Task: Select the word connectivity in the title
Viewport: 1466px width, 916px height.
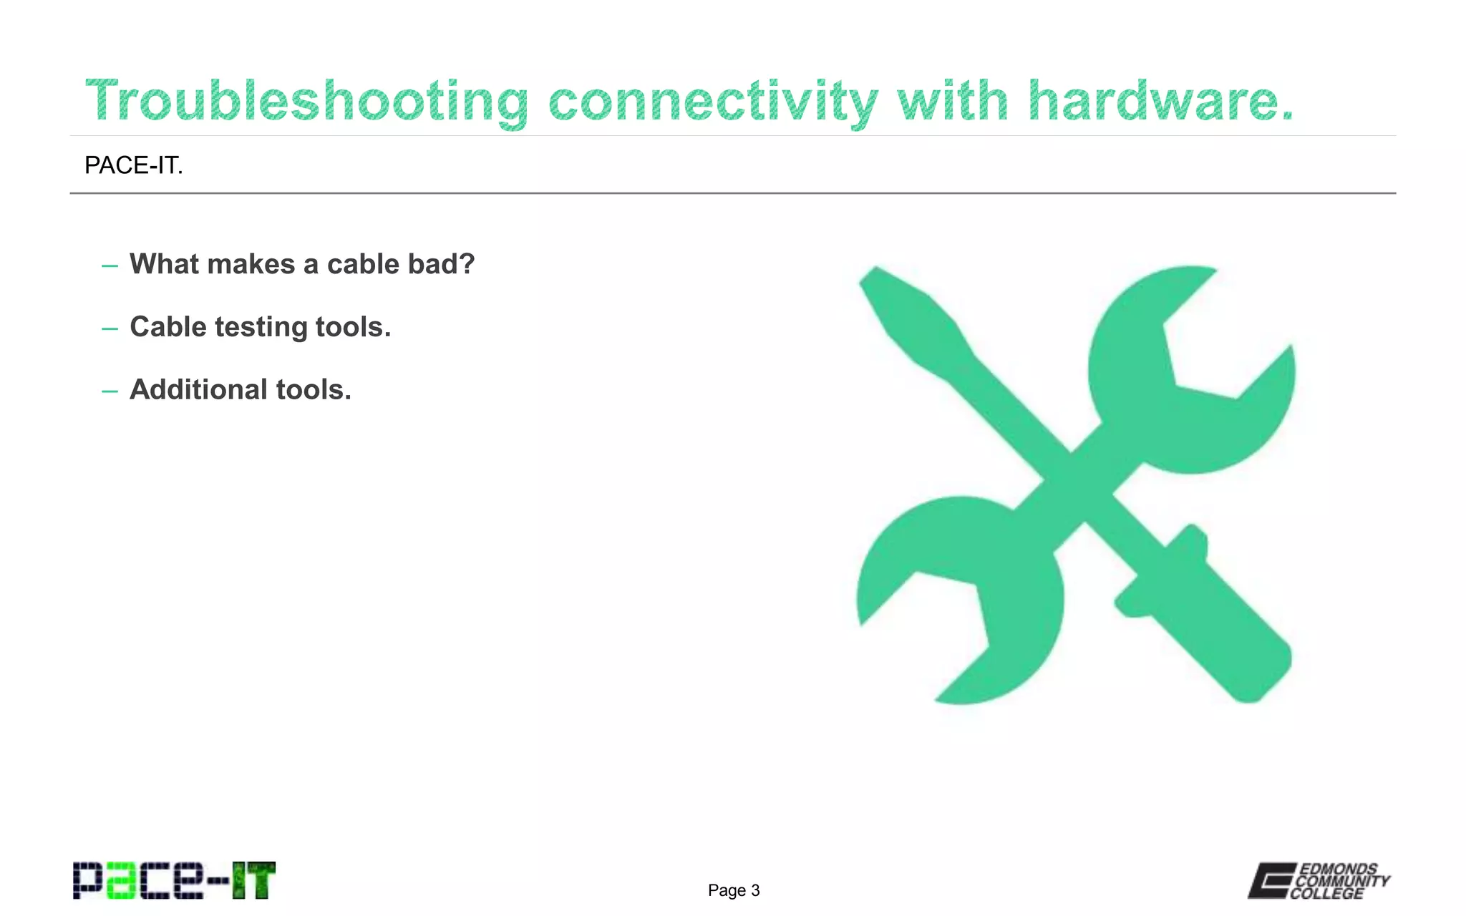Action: [713, 102]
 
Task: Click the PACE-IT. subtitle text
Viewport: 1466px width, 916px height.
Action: [134, 165]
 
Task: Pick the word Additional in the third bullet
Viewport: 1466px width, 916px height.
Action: [198, 390]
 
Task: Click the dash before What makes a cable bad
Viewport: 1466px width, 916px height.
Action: [110, 266]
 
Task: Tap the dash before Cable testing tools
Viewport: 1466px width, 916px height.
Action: [110, 329]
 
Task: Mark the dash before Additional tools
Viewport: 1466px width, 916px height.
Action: [110, 392]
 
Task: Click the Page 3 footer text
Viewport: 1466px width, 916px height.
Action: [734, 890]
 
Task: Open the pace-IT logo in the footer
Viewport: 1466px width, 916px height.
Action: [174, 880]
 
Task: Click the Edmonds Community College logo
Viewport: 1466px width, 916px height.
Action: [1319, 881]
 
